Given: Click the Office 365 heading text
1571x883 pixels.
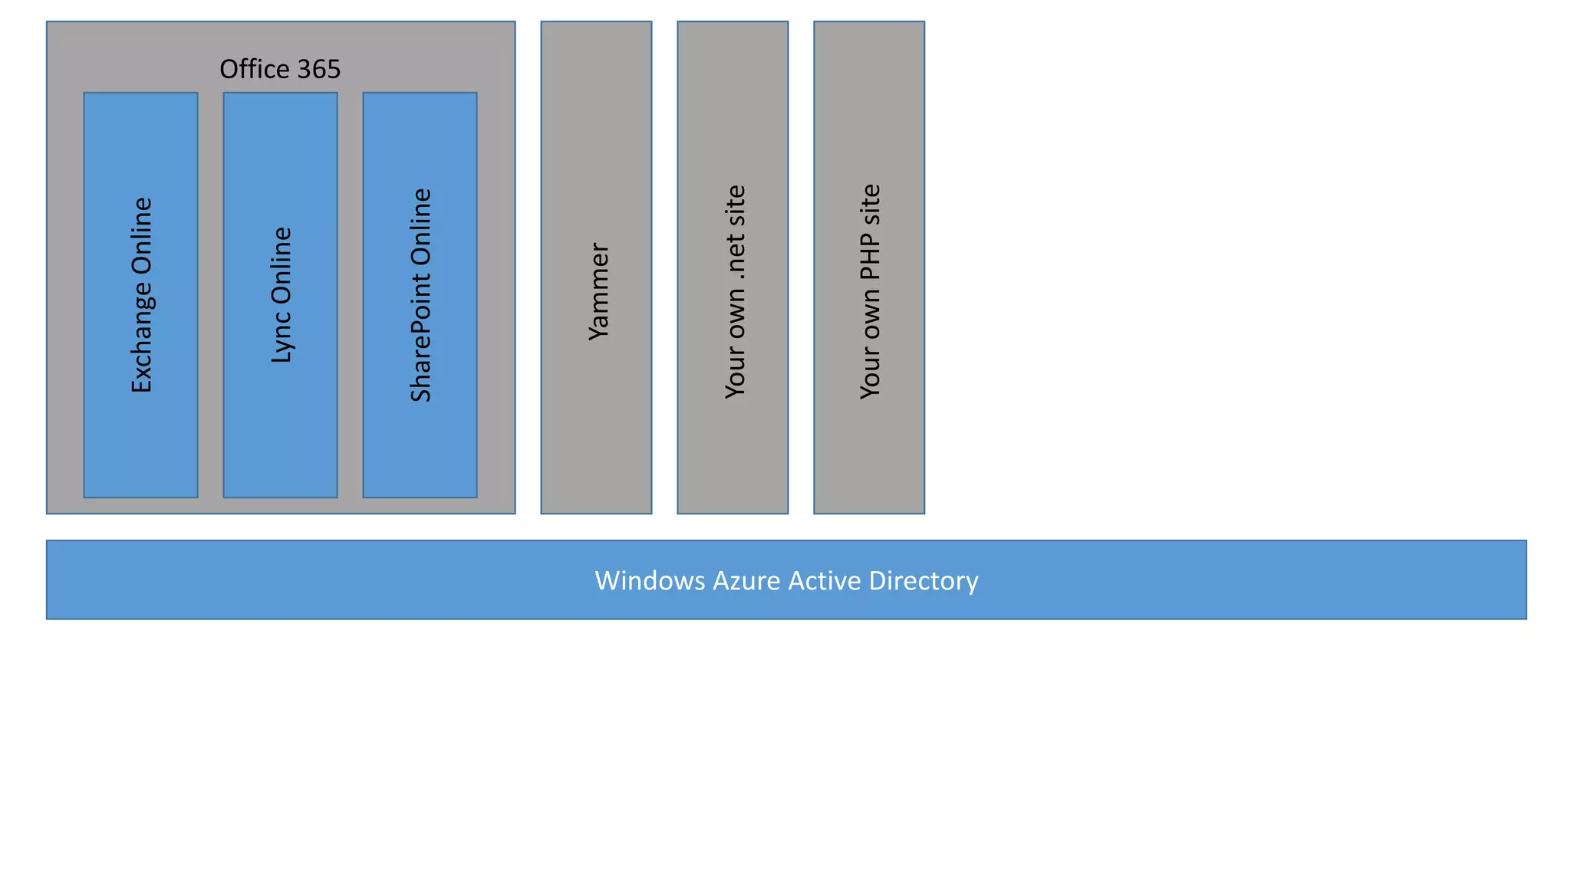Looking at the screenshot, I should (280, 70).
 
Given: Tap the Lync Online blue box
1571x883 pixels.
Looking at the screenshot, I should (280, 445).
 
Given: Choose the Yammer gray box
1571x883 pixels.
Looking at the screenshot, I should (596, 429).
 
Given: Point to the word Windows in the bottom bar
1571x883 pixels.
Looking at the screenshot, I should (650, 581).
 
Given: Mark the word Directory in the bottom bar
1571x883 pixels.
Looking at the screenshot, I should (924, 581).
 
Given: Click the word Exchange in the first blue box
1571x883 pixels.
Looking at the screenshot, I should (142, 338).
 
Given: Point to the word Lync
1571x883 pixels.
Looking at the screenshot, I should (282, 339).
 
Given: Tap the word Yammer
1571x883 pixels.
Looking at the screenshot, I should (598, 292).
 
